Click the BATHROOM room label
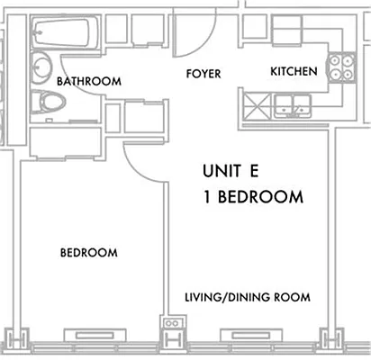[x=88, y=81]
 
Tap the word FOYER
[x=204, y=73]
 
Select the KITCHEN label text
[x=294, y=71]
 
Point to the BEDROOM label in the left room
[x=88, y=253]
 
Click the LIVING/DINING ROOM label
[x=248, y=297]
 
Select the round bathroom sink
[x=41, y=67]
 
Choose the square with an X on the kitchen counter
[x=253, y=106]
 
